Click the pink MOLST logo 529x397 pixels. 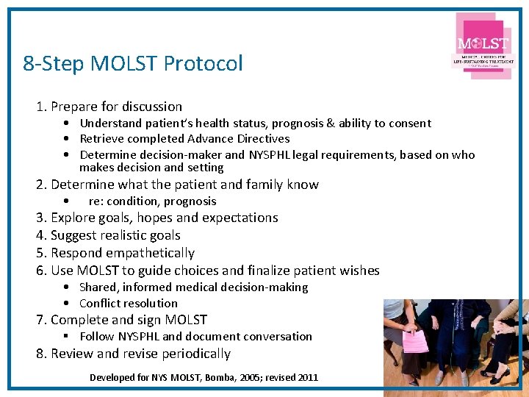point(483,46)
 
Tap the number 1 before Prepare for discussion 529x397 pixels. point(40,107)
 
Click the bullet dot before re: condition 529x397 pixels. point(67,201)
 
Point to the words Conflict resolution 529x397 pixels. point(129,304)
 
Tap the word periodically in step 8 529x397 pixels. point(192,354)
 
